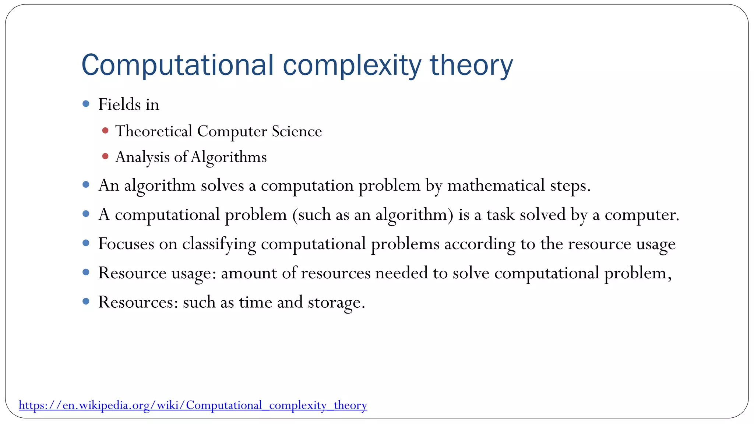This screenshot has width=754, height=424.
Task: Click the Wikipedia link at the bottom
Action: (193, 405)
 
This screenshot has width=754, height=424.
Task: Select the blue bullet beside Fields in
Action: (86, 104)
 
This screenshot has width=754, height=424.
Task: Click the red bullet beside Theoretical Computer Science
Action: (105, 131)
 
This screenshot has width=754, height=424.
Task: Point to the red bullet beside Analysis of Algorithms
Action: (105, 156)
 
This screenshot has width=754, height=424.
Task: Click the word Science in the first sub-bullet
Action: (297, 131)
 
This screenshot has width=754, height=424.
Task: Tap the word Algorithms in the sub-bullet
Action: (229, 157)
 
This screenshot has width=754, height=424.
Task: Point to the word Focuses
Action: (126, 244)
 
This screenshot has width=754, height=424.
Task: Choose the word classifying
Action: (219, 244)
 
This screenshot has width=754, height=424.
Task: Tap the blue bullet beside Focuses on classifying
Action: (86, 243)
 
